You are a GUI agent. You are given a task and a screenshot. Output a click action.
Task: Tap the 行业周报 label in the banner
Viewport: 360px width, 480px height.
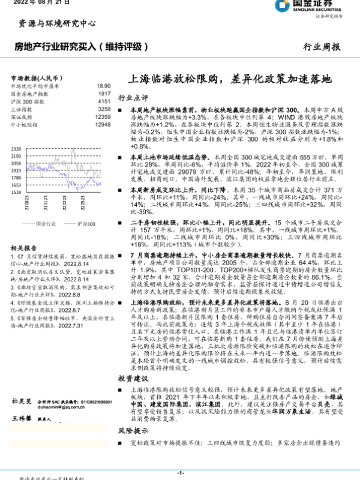pyautogui.click(x=322, y=46)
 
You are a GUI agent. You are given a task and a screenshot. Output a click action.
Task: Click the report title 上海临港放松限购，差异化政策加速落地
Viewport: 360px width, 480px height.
pyautogui.click(x=230, y=78)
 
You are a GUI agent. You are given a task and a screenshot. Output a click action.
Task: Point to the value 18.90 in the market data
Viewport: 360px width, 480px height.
pyautogui.click(x=104, y=86)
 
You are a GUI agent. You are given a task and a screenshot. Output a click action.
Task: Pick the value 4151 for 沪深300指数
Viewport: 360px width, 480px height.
pyautogui.click(x=104, y=102)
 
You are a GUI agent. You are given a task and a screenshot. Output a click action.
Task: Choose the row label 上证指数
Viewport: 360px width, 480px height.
pyautogui.click(x=21, y=110)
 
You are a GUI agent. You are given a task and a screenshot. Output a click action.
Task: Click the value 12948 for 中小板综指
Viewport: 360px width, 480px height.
pyautogui.click(x=103, y=125)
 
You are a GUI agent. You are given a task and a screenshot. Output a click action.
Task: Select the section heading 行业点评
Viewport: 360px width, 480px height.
pyautogui.click(x=133, y=97)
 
